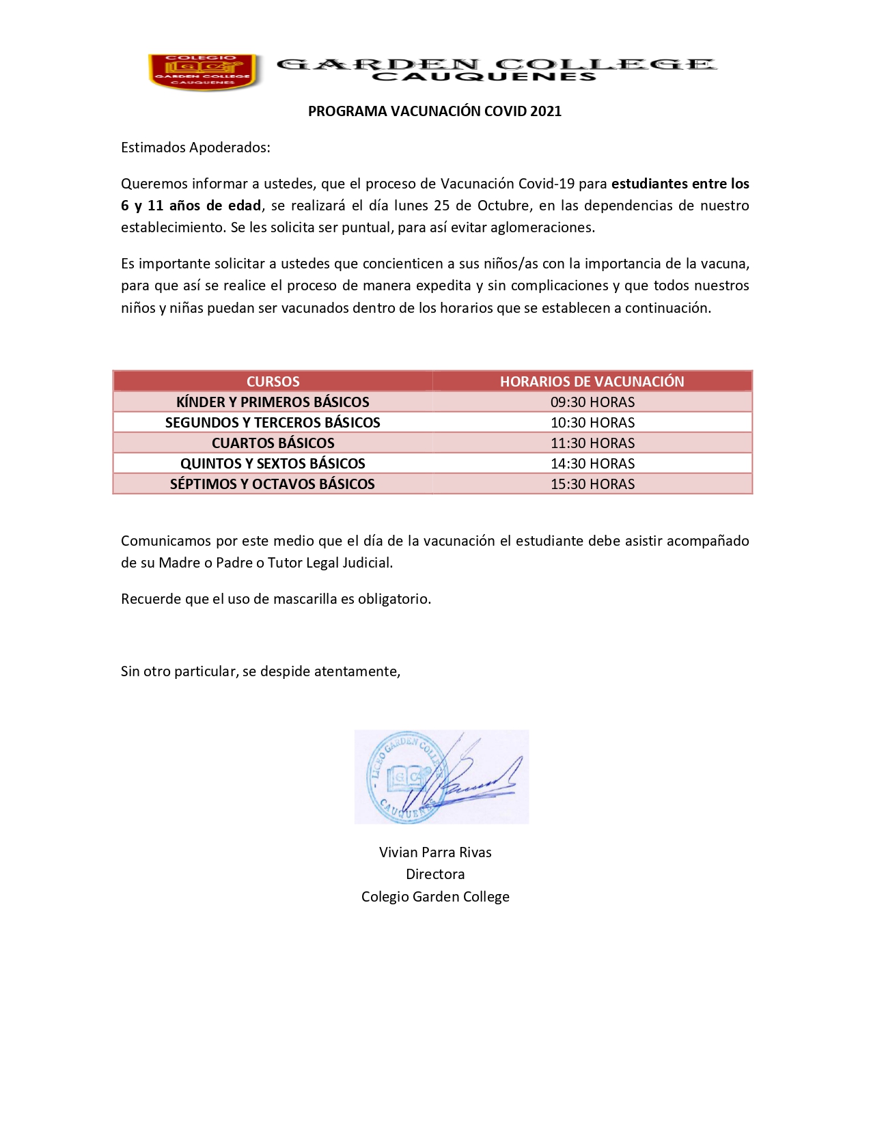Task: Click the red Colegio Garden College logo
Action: [x=204, y=72]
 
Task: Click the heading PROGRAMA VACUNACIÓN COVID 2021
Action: [x=434, y=111]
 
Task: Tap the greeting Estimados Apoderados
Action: [x=195, y=148]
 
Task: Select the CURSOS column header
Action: [x=273, y=381]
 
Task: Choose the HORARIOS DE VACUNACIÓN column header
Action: [x=592, y=381]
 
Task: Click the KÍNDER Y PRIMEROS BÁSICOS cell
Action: [x=273, y=402]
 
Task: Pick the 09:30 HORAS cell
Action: [x=592, y=402]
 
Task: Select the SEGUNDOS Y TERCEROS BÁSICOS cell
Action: [x=273, y=422]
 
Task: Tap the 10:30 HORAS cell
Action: [x=592, y=422]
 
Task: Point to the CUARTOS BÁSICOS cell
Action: [x=273, y=443]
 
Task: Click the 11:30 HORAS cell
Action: [x=592, y=443]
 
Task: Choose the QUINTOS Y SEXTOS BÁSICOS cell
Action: [x=273, y=463]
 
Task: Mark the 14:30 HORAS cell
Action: [x=592, y=463]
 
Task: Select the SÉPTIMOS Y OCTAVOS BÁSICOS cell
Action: [x=273, y=484]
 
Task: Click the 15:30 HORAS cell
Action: [x=592, y=484]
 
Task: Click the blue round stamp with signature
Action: [x=441, y=777]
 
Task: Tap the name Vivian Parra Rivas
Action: [x=435, y=852]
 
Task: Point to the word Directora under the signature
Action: [x=435, y=874]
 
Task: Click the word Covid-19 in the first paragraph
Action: [x=546, y=184]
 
